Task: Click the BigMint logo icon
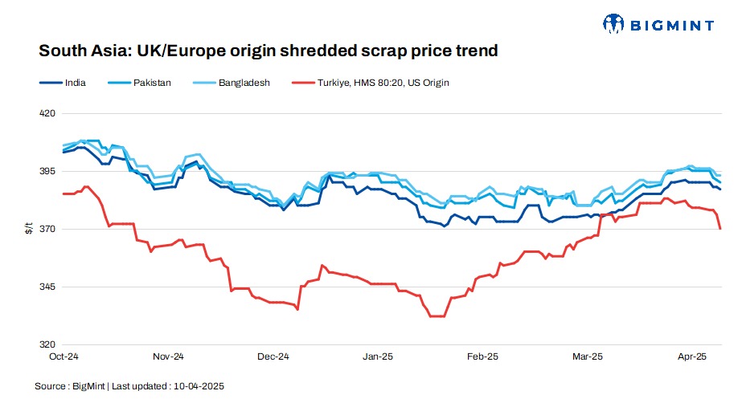[x=614, y=24]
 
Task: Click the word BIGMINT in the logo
[x=670, y=25]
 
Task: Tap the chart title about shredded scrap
[x=269, y=51]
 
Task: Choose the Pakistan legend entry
[x=151, y=82]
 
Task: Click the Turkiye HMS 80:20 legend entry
[x=383, y=82]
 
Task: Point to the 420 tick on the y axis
[x=47, y=113]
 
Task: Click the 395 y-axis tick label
[x=47, y=172]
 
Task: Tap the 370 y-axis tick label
[x=47, y=230]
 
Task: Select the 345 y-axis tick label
[x=47, y=287]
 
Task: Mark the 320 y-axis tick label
[x=47, y=345]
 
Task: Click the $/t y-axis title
[x=29, y=230]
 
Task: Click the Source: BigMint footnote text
[x=129, y=386]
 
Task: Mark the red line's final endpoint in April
[x=720, y=229]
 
